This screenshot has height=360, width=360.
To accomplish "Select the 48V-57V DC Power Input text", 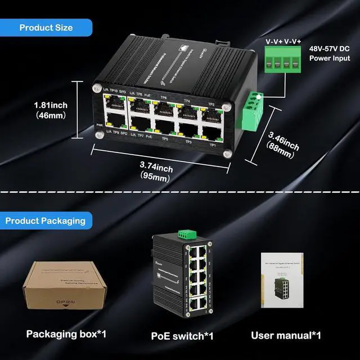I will point(329,53).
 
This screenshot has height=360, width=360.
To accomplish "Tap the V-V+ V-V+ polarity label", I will point(283,41).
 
